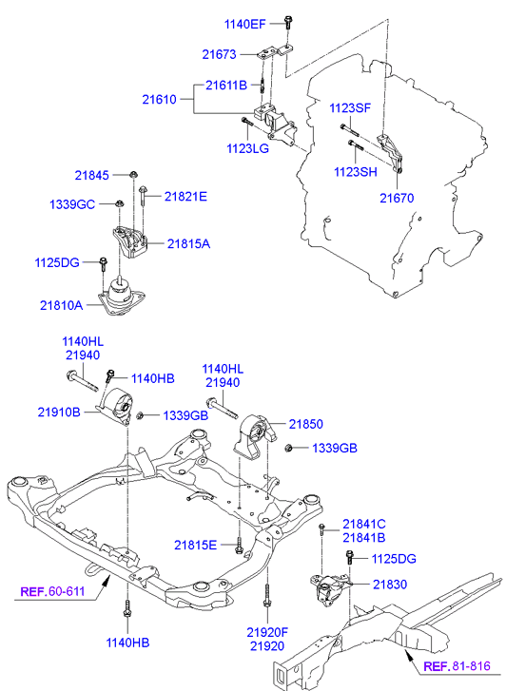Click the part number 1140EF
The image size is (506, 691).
[244, 24]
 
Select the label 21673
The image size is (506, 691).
[220, 54]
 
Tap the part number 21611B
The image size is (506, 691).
[226, 85]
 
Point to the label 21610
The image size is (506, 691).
[159, 100]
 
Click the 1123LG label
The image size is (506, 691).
[248, 148]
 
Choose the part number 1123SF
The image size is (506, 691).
[350, 108]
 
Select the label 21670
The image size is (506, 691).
[397, 199]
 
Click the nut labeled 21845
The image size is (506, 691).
[133, 175]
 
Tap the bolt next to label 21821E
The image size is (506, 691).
[143, 196]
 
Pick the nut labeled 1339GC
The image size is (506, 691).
[119, 203]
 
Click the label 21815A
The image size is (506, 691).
[188, 243]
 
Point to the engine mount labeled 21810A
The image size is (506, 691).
[122, 297]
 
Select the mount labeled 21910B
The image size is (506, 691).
[116, 406]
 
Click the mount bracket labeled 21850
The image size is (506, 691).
[255, 437]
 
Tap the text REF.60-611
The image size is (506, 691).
[52, 591]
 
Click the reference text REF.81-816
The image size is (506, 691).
[457, 665]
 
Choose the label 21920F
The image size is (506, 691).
[267, 632]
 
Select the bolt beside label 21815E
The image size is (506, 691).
[239, 546]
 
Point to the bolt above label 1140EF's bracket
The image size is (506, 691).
[288, 22]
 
